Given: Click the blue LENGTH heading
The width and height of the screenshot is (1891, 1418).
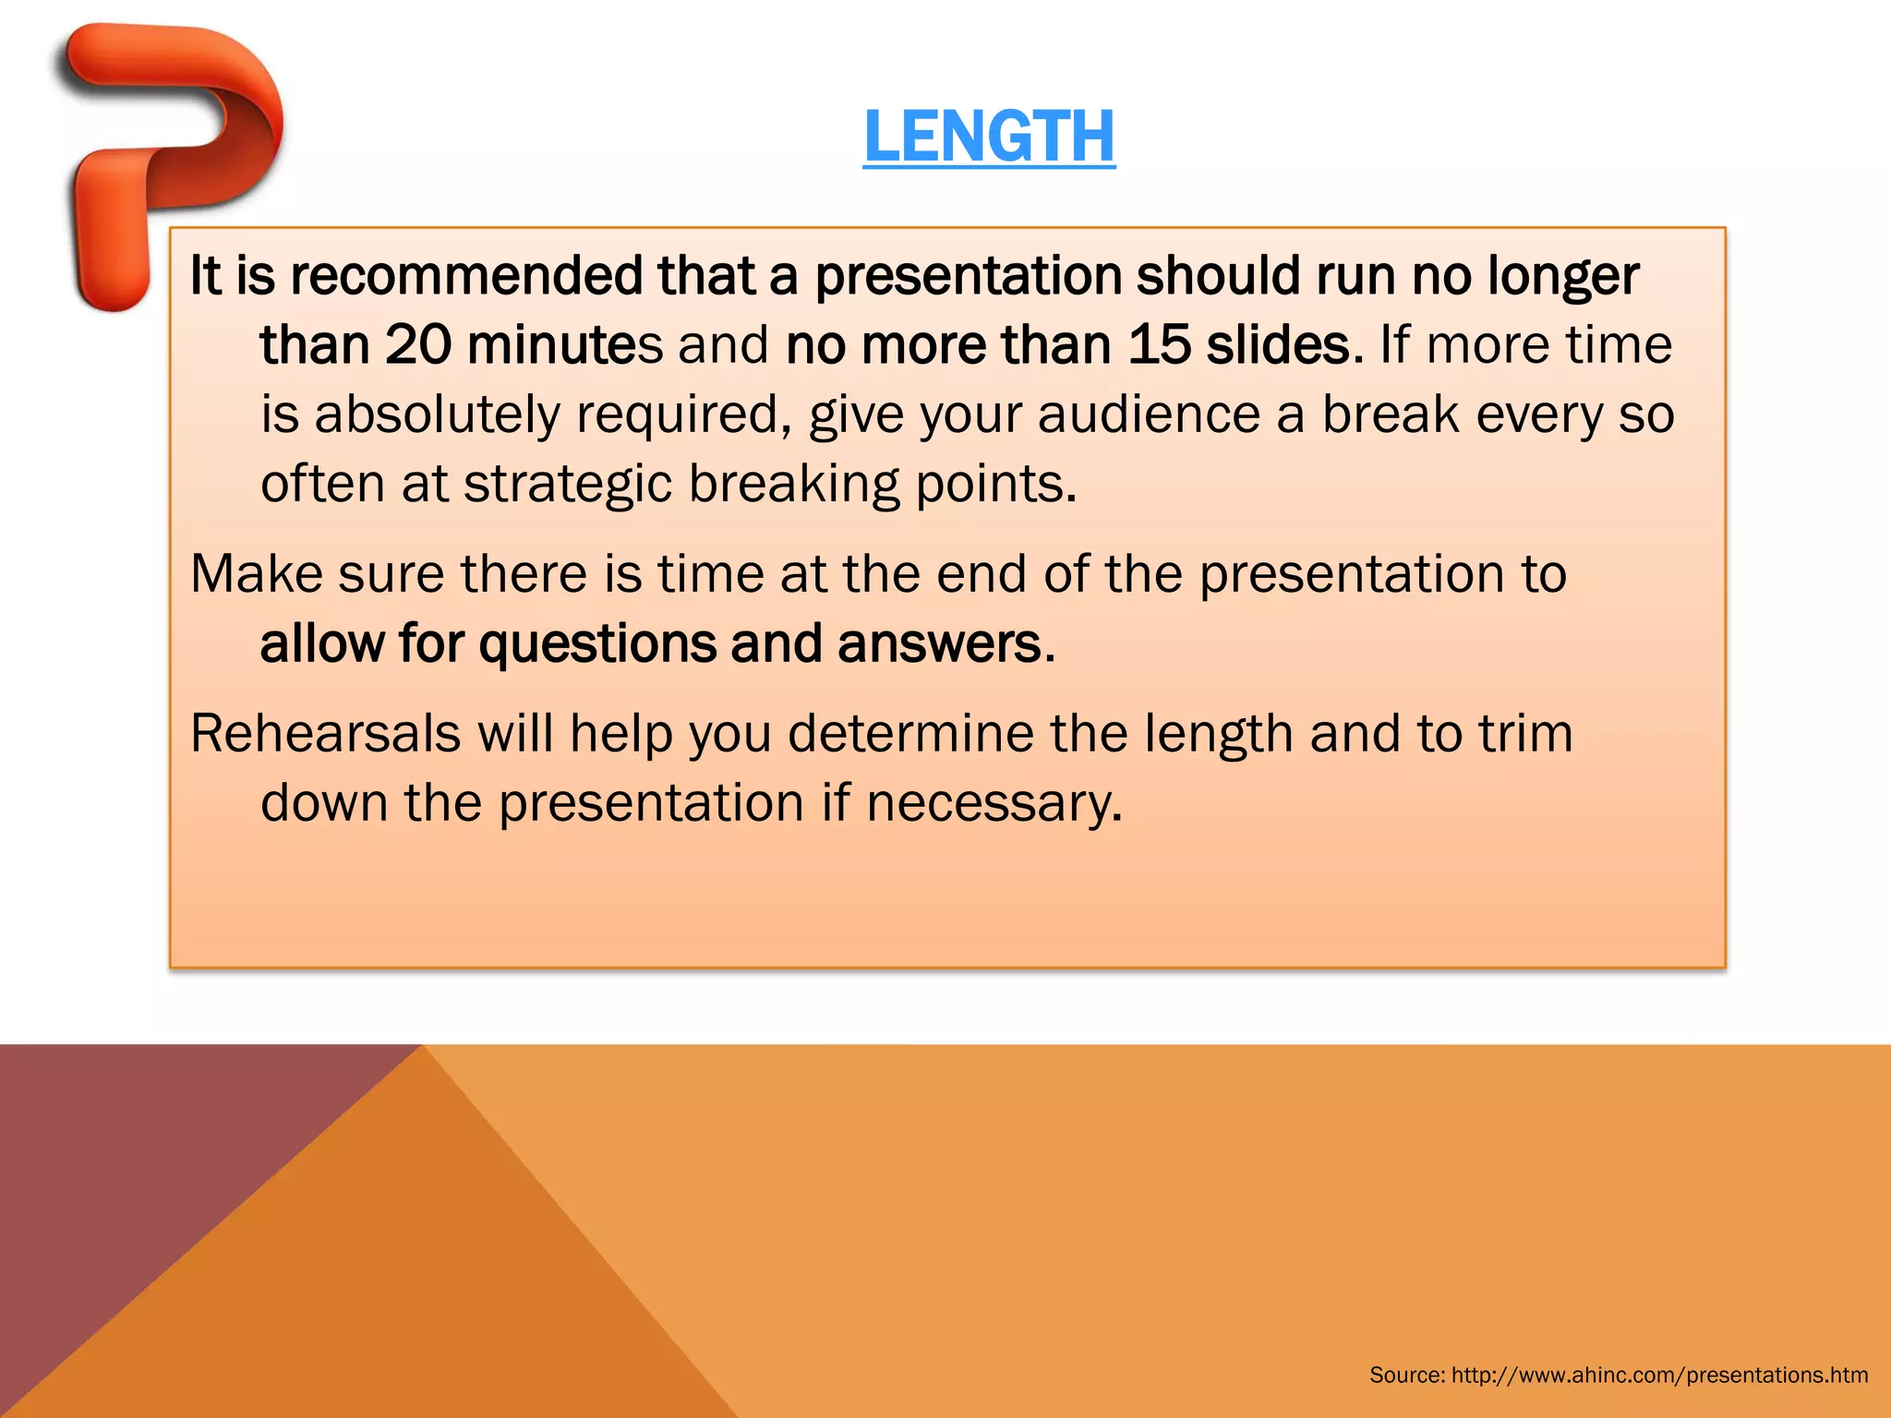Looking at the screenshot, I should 989,137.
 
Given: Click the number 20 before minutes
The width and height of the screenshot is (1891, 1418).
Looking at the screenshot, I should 417,345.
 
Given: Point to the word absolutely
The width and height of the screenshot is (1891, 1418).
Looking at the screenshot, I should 437,415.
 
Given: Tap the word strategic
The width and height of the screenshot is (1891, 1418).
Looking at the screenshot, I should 567,484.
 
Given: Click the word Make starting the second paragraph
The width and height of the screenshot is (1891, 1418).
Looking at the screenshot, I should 256,574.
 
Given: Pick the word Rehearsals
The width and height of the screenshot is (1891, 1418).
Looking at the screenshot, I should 325,734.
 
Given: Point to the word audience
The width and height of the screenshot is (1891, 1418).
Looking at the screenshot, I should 1149,415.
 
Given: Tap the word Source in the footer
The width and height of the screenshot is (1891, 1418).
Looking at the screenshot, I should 1405,1375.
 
